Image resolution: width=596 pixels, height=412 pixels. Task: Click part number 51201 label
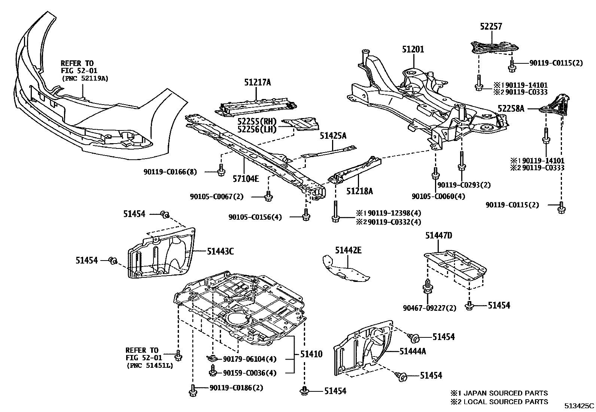tap(413, 49)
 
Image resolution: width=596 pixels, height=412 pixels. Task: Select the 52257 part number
tap(491, 27)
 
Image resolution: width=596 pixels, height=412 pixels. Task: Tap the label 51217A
tap(258, 82)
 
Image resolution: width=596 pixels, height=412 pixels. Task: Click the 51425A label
tap(333, 136)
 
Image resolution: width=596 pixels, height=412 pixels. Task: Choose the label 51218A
tap(359, 192)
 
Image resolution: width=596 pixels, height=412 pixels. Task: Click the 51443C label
tap(220, 252)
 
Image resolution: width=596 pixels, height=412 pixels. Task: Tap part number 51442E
tap(348, 250)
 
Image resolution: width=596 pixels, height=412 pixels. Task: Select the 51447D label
tap(439, 236)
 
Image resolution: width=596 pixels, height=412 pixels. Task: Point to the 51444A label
tap(413, 351)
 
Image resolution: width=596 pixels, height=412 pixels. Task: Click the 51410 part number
tap(311, 354)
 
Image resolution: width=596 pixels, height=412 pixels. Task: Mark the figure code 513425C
tap(580, 406)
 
